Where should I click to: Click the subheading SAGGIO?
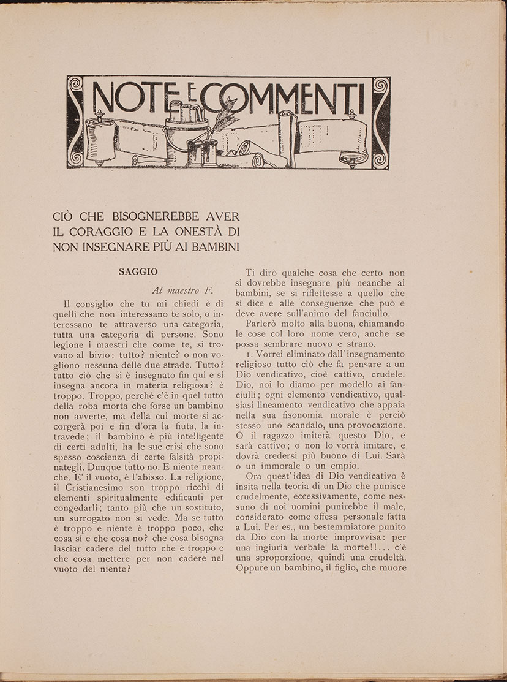click(x=138, y=271)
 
